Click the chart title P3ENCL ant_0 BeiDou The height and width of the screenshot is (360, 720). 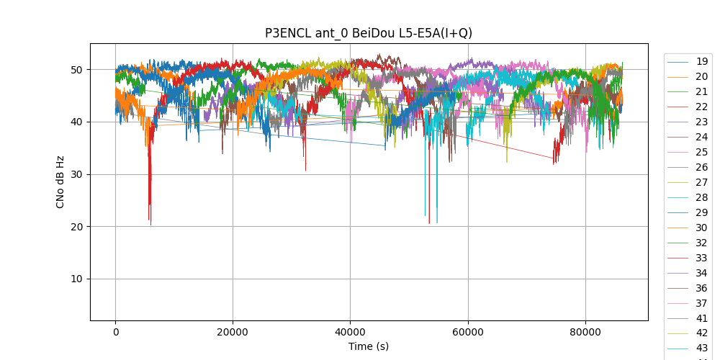[x=369, y=33]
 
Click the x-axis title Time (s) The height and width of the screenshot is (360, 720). [x=369, y=346]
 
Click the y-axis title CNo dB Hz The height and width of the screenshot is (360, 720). [x=60, y=182]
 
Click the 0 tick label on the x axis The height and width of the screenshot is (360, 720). [x=115, y=331]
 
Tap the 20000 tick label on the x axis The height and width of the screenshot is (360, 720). [x=233, y=331]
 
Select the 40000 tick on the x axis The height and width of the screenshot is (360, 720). [x=350, y=331]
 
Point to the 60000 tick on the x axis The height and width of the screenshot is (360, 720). [x=467, y=331]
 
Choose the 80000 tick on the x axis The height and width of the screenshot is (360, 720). [x=585, y=331]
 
